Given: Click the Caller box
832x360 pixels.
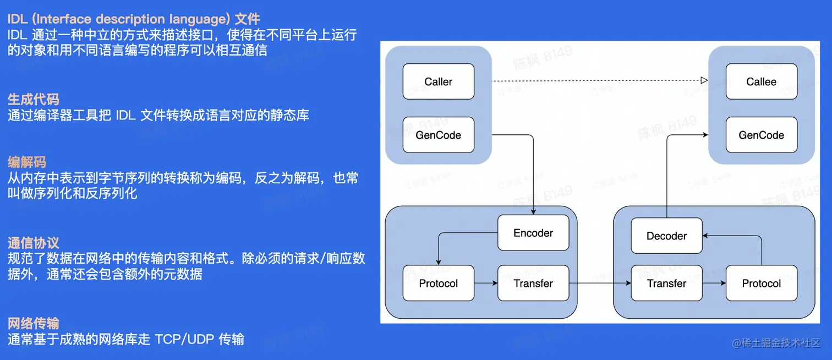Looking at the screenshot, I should coord(438,81).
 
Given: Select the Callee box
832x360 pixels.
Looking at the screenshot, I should coord(761,81).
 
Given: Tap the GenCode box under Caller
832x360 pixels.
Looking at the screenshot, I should coord(438,135).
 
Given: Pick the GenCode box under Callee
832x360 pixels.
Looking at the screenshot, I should coord(761,135).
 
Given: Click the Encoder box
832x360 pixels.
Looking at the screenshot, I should coord(533,233).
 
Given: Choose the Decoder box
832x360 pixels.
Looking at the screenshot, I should coord(666,236).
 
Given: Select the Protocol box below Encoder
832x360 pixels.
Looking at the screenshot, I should coord(438,283).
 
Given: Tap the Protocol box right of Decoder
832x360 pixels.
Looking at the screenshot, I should coord(761,283).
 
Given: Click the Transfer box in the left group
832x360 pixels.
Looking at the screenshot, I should coord(533,283).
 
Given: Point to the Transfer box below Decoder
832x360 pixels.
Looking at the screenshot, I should coord(666,283).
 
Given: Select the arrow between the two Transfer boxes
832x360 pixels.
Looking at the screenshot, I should coord(600,283).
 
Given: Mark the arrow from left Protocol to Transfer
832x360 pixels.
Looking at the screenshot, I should coord(486,283).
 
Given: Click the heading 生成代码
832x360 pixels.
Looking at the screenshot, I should coord(34,100).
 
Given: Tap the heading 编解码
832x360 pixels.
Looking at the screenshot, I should coord(27,162).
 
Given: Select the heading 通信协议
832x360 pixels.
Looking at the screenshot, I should coord(34,243).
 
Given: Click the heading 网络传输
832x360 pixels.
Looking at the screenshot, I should coord(34,323).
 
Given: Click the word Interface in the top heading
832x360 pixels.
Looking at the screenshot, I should coord(67,19).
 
